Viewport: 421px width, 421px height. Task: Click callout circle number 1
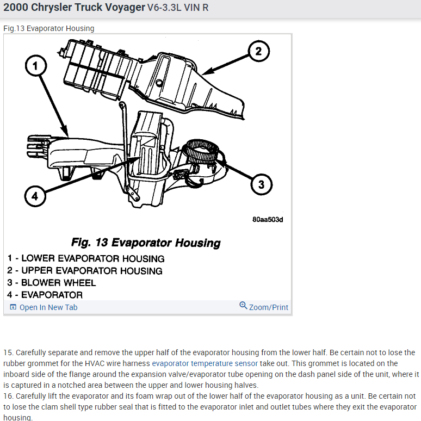tap(35, 66)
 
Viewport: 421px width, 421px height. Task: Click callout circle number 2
tap(258, 52)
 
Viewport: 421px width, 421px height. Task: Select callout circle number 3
tap(261, 185)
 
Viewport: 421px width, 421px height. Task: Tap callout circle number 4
tap(35, 196)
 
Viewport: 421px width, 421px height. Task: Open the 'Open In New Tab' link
tap(48, 307)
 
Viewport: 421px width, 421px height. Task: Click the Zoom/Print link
tap(269, 307)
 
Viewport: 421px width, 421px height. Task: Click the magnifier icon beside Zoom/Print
tap(243, 306)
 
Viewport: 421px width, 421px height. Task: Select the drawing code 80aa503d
tap(268, 220)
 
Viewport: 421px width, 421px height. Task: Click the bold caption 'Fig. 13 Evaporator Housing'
tap(146, 243)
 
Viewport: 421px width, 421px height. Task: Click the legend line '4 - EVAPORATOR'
tap(45, 295)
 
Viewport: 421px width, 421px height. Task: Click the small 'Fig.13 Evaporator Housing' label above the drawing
tap(49, 28)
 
